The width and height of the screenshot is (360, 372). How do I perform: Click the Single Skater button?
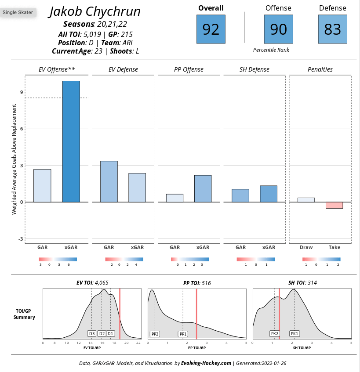pyautogui.click(x=18, y=12)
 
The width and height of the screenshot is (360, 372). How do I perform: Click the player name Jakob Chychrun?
pyautogui.click(x=95, y=11)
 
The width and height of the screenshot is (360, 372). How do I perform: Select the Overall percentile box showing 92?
pyautogui.click(x=211, y=29)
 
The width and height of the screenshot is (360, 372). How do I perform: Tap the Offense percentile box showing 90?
pyautogui.click(x=278, y=29)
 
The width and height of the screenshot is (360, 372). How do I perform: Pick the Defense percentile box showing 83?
pyautogui.click(x=332, y=29)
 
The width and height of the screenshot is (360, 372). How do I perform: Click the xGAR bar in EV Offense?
pyautogui.click(x=71, y=141)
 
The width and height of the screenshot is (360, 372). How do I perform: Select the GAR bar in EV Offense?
pyautogui.click(x=42, y=185)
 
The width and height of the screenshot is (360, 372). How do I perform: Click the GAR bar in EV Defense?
pyautogui.click(x=109, y=181)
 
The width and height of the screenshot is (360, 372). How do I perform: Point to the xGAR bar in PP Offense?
pyautogui.click(x=203, y=188)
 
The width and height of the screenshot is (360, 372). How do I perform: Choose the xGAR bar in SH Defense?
pyautogui.click(x=269, y=194)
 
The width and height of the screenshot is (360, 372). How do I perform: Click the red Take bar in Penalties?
pyautogui.click(x=334, y=205)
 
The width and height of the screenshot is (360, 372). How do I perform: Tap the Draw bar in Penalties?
pyautogui.click(x=306, y=200)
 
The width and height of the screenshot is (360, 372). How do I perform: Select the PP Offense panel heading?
pyautogui.click(x=189, y=69)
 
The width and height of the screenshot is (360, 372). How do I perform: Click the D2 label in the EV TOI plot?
pyautogui.click(x=102, y=334)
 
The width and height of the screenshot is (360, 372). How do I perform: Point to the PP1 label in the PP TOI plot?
pyautogui.click(x=183, y=334)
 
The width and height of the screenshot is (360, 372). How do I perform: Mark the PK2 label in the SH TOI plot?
pyautogui.click(x=275, y=334)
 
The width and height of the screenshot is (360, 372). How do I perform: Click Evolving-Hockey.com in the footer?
pyautogui.click(x=206, y=363)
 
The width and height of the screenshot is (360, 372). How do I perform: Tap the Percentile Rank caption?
pyautogui.click(x=271, y=50)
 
